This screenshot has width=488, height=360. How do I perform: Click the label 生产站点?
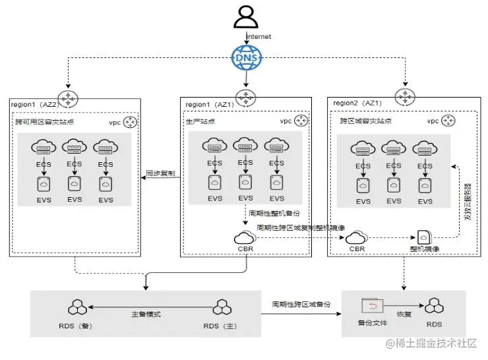coord(200,121)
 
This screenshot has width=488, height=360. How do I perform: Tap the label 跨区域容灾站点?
coord(361,121)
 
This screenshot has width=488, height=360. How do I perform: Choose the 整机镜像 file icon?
coord(423,238)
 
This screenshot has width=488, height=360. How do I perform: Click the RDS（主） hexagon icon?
coord(221,307)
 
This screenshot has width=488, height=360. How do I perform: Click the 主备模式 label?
coord(146,314)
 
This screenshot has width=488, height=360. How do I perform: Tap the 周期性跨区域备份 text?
coord(301,305)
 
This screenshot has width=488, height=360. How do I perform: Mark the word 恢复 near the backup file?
coord(404,315)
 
